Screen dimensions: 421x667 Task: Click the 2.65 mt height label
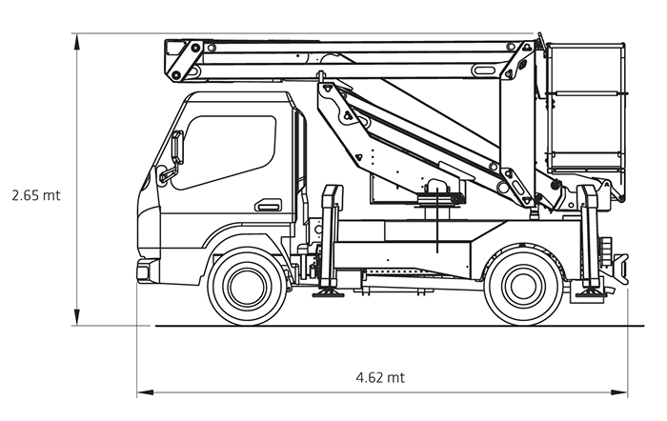(36, 194)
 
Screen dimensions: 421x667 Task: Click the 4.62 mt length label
(380, 377)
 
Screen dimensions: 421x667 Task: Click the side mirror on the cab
(176, 150)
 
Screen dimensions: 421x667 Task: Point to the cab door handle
(268, 205)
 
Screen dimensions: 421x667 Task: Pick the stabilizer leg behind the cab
(331, 238)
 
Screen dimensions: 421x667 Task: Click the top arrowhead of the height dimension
(76, 39)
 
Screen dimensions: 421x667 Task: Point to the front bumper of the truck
(144, 270)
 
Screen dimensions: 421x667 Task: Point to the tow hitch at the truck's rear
(620, 264)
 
